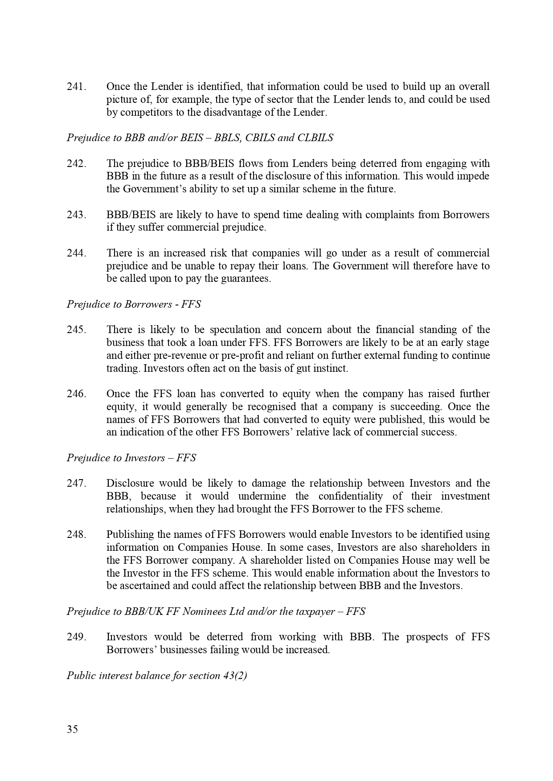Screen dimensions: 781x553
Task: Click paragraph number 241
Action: pyautogui.click(x=76, y=86)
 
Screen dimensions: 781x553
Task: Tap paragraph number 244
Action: pyautogui.click(x=76, y=253)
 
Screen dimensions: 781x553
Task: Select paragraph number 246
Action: pyautogui.click(x=76, y=394)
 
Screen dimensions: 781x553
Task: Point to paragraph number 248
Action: pyautogui.click(x=76, y=535)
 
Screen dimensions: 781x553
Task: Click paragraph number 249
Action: pyautogui.click(x=76, y=637)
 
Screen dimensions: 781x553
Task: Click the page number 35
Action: pyautogui.click(x=72, y=729)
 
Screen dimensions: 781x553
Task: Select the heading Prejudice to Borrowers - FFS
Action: pyautogui.click(x=134, y=305)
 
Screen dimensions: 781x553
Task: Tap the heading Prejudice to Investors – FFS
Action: pyautogui.click(x=131, y=458)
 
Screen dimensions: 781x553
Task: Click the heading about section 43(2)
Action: pyautogui.click(x=157, y=676)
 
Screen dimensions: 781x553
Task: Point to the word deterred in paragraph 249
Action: pyautogui.click(x=225, y=637)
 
